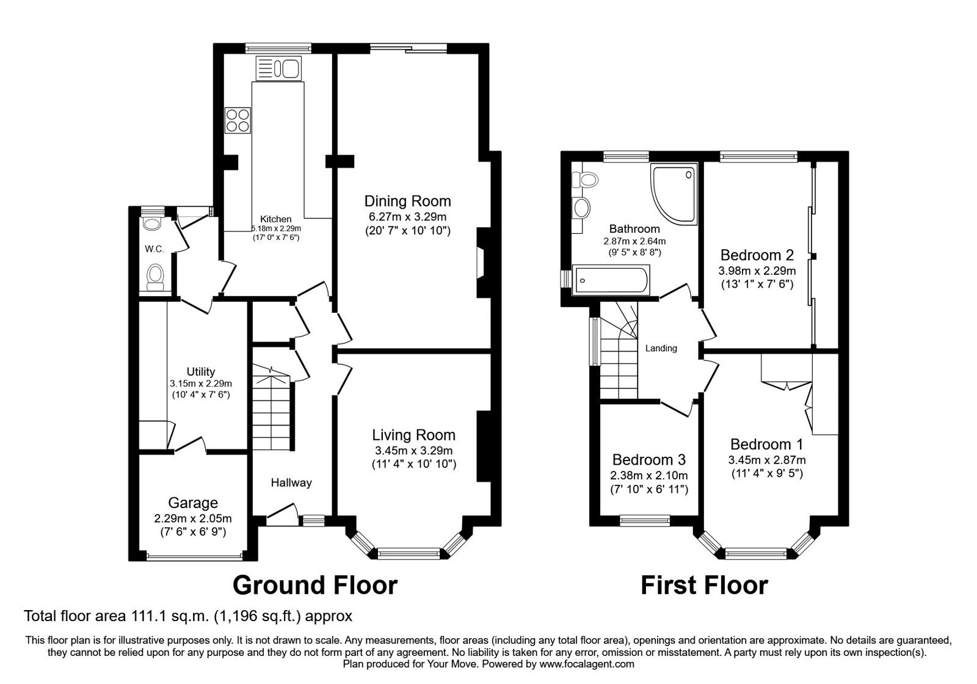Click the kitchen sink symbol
(279, 67)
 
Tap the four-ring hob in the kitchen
(238, 120)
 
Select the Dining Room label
(407, 201)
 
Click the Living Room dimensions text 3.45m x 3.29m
(414, 451)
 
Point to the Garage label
(193, 503)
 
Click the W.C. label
(154, 249)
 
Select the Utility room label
(200, 371)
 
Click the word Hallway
(291, 482)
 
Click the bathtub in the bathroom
(609, 280)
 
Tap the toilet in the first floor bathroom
(587, 180)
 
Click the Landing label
(661, 348)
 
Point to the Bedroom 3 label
(648, 459)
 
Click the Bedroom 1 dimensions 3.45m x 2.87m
(766, 460)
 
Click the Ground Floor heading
(315, 585)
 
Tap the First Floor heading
(703, 585)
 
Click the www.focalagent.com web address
(586, 664)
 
